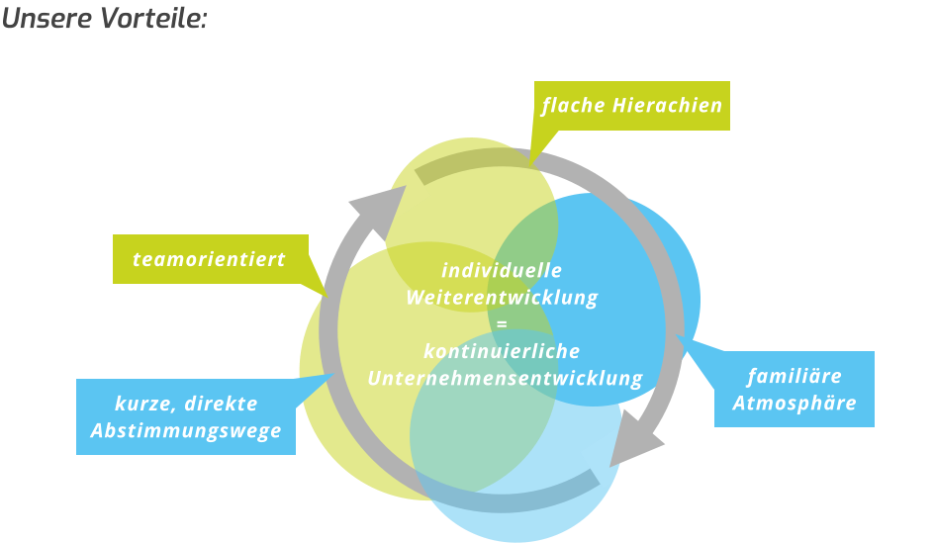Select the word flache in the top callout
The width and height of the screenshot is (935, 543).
click(x=572, y=105)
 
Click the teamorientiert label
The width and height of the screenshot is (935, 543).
click(x=209, y=259)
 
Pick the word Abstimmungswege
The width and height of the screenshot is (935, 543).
click(x=186, y=431)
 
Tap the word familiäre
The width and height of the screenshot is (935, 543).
click(x=795, y=376)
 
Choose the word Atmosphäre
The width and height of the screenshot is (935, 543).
click(x=795, y=404)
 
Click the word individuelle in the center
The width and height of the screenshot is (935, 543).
click(x=502, y=270)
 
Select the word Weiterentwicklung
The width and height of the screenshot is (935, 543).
click(x=502, y=297)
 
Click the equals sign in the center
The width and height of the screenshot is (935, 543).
click(x=502, y=324)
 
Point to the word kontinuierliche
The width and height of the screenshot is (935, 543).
click(x=502, y=351)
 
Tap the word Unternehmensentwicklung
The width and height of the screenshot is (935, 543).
click(x=505, y=378)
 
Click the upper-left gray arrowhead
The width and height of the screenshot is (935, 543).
click(x=373, y=209)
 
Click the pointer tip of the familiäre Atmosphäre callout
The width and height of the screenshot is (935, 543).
click(x=679, y=337)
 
